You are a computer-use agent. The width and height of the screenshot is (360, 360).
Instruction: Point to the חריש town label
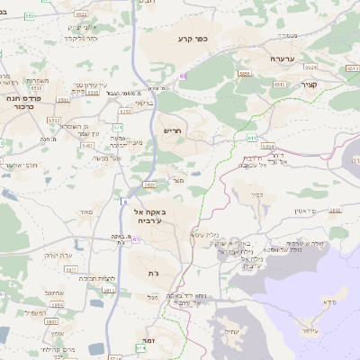172,130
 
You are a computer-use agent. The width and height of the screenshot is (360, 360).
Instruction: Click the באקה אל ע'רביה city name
150,214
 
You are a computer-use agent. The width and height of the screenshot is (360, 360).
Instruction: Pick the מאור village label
86,211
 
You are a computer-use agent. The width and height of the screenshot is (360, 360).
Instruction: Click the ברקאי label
145,103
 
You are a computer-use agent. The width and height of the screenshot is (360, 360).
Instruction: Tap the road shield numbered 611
251,138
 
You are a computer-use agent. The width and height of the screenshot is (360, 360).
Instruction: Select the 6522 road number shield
82,15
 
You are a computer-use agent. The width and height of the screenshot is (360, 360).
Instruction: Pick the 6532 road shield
54,121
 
